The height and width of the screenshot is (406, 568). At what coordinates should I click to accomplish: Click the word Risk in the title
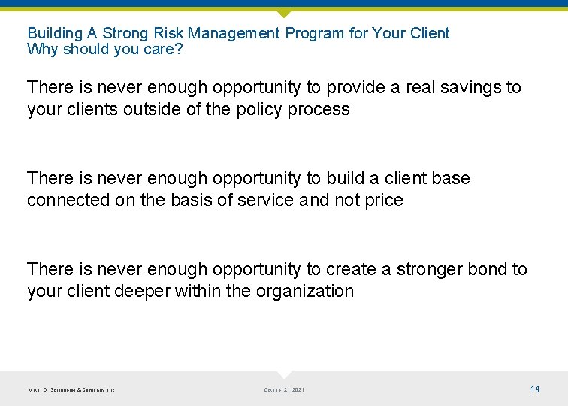(x=165, y=33)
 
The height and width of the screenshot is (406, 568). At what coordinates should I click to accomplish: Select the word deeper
(x=142, y=291)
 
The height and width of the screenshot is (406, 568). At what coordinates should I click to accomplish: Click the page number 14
(x=535, y=389)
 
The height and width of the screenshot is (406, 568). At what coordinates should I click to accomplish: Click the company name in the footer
(x=71, y=389)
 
